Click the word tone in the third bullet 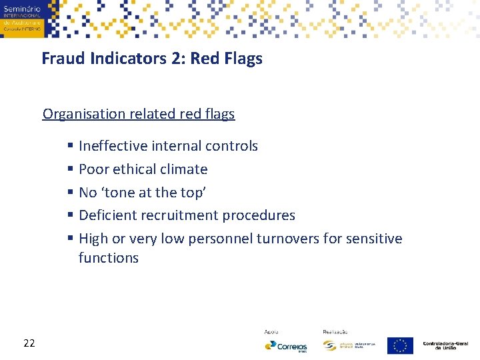[119, 193]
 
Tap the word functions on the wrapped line [108, 258]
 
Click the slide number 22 [29, 343]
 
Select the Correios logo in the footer [285, 346]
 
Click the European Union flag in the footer [400, 345]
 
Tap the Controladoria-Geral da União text [445, 345]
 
